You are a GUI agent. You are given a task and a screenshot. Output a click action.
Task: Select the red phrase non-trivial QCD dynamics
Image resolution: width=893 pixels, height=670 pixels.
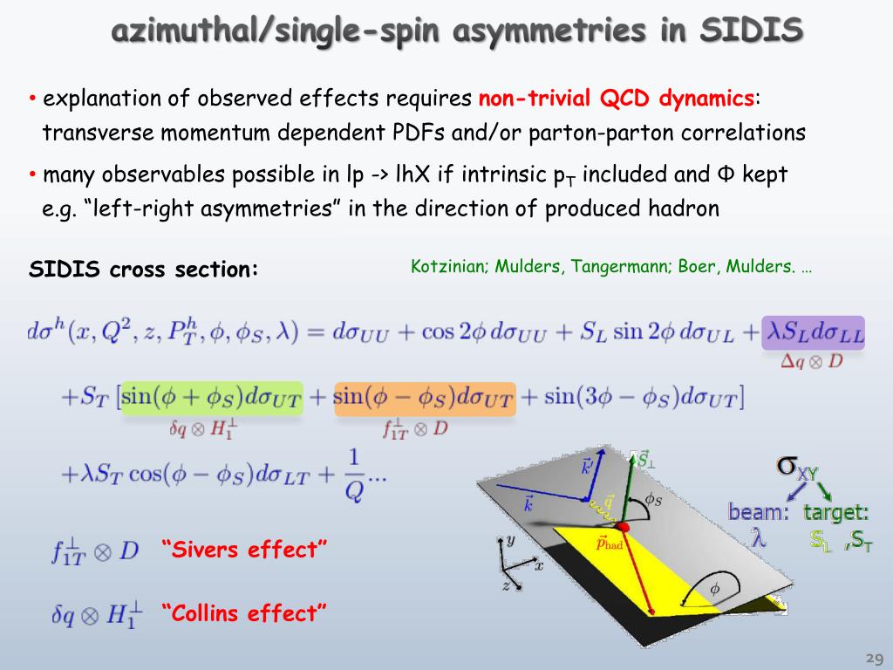click(x=617, y=99)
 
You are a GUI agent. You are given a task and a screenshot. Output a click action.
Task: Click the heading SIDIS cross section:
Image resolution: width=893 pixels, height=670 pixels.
click(x=144, y=270)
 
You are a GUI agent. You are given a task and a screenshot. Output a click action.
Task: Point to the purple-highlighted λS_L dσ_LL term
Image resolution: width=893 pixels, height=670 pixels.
click(x=813, y=332)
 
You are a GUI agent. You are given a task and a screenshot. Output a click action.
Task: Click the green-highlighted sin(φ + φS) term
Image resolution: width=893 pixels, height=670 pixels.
click(x=212, y=398)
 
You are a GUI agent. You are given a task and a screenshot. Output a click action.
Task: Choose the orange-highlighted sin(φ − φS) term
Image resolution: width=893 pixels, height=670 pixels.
click(x=425, y=398)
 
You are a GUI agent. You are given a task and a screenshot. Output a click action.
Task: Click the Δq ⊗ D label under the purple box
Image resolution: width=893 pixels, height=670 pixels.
click(x=811, y=361)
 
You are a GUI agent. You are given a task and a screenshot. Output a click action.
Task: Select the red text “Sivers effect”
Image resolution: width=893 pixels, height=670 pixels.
click(x=244, y=550)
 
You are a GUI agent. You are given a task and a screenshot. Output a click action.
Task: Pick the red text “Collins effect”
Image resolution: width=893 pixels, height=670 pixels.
click(x=244, y=613)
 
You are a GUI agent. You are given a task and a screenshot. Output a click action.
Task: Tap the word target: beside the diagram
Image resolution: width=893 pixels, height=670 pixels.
click(x=836, y=512)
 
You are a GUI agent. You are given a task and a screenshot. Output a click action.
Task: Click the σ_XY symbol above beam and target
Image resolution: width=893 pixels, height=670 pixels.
click(x=797, y=468)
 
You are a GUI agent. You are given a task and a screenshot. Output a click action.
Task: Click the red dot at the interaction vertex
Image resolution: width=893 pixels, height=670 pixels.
click(x=623, y=527)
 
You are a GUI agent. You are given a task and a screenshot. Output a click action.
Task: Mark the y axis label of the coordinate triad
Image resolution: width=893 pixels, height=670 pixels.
click(x=510, y=540)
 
